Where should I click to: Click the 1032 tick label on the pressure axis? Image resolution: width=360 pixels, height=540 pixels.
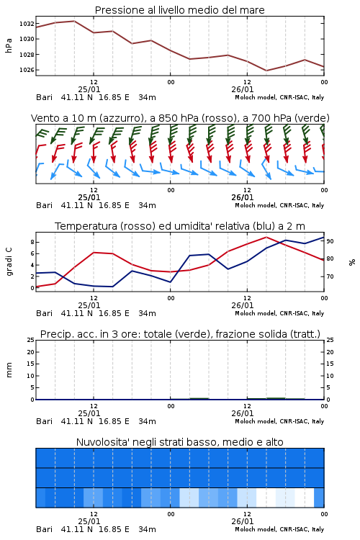pos(27,24)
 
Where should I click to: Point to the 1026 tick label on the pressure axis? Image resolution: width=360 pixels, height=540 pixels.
pos(27,70)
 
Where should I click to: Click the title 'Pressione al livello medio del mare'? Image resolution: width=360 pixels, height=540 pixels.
pos(180,10)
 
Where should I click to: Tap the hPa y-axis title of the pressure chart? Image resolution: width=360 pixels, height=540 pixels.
pos(9,45)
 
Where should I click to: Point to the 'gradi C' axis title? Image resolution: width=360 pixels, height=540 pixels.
pos(9,262)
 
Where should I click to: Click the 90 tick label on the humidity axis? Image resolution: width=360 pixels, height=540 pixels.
pos(330,241)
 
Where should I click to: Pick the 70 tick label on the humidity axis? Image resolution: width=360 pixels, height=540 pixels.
pos(330,276)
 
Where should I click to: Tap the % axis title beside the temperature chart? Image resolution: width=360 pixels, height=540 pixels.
pos(352,262)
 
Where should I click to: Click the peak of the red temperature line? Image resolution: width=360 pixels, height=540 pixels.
pos(266,237)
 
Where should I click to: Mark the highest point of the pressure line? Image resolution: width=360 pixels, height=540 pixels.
pos(74,21)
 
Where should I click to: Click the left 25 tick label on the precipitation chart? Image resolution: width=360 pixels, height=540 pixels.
pos(30,340)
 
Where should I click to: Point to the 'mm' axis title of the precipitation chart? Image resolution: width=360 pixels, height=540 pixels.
pos(9,370)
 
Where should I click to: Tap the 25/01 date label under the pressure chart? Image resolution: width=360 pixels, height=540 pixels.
pos(89,89)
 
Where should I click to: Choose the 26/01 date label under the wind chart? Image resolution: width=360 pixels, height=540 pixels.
pos(243,198)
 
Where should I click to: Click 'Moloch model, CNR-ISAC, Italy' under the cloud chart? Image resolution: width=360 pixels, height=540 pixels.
pos(279,529)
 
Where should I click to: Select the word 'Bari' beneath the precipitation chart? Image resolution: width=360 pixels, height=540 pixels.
pos(45,421)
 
